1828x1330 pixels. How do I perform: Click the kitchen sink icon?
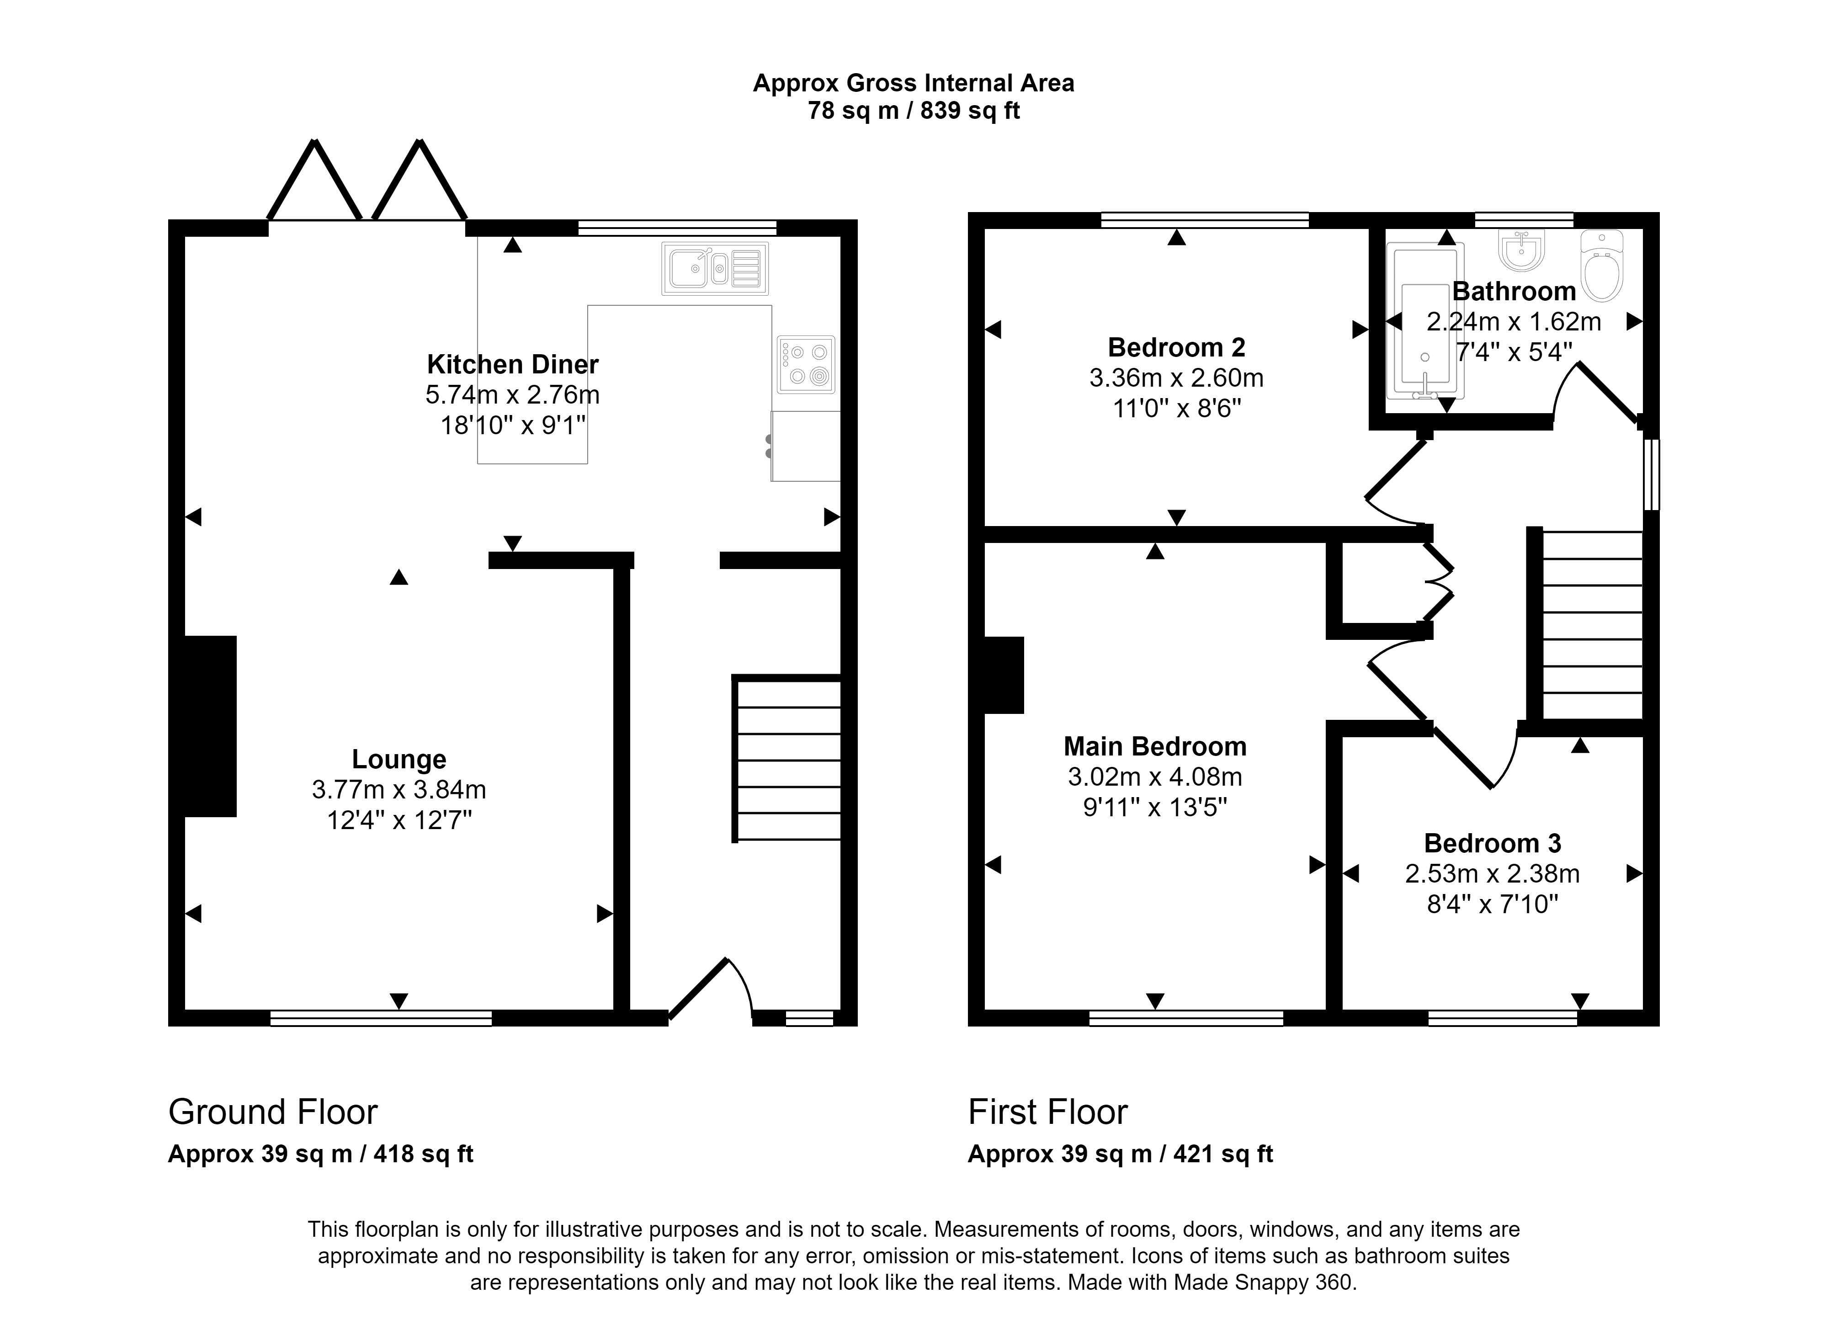point(715,268)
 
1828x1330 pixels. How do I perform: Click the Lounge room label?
point(399,759)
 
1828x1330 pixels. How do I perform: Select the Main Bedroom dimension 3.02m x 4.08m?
point(1154,777)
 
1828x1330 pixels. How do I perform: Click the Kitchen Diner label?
point(513,364)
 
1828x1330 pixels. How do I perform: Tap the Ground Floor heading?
point(272,1112)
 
